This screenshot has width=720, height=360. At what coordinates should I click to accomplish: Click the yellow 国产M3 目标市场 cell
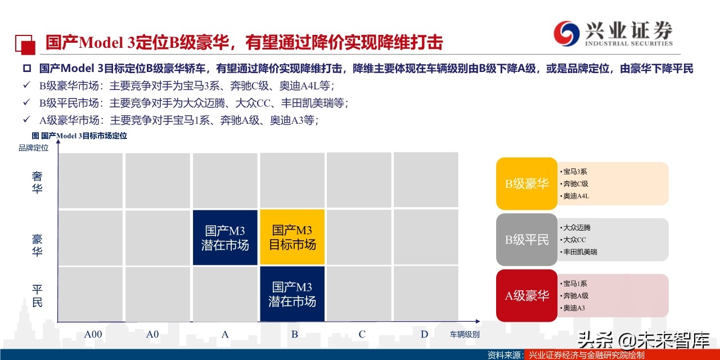(292, 237)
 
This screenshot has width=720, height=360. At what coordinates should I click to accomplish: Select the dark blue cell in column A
(225, 237)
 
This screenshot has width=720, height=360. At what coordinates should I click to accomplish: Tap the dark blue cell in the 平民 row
(292, 293)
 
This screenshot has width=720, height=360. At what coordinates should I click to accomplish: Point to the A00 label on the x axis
(93, 335)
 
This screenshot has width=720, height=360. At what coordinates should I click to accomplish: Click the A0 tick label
(152, 335)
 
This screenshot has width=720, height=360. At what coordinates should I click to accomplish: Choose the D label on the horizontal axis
(424, 335)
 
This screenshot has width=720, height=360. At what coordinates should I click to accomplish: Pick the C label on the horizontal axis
(362, 335)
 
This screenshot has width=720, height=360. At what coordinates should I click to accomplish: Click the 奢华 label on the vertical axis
(37, 183)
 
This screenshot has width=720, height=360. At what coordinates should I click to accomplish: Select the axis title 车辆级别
(465, 335)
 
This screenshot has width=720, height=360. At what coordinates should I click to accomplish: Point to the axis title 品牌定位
(33, 148)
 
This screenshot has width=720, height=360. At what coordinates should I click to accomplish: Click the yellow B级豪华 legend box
(526, 184)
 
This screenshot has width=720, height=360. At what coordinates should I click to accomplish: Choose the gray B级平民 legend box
(526, 240)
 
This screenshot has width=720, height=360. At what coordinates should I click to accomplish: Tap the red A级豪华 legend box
(526, 296)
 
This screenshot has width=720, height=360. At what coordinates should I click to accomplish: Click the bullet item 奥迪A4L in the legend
(576, 196)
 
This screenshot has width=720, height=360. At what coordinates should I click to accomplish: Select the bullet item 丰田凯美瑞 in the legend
(580, 252)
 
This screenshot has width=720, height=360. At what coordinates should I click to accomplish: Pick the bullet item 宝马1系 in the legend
(575, 283)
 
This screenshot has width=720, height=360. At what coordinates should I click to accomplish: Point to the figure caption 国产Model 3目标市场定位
(80, 136)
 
